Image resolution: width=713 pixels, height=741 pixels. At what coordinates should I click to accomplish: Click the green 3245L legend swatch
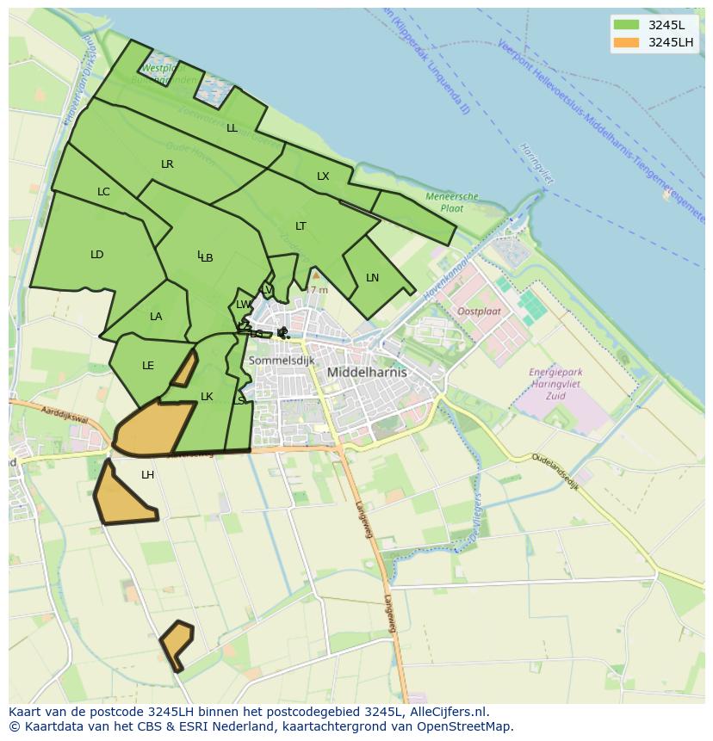626,25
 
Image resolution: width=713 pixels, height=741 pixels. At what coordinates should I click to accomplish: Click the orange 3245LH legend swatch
626,42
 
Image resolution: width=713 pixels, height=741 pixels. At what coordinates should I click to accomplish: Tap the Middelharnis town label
367,373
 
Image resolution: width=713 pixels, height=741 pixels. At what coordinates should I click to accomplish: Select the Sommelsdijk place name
282,361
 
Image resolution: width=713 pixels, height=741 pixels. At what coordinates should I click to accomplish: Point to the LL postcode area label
232,128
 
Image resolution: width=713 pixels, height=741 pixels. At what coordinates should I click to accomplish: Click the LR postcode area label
167,164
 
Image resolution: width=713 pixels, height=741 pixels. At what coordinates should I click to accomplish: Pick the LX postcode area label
323,176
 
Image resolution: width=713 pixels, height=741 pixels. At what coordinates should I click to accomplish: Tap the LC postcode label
103,192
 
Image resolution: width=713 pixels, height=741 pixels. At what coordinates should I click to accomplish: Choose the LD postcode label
96,255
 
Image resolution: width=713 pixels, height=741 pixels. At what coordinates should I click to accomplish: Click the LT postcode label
301,226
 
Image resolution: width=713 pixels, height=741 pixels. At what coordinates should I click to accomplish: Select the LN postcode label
372,278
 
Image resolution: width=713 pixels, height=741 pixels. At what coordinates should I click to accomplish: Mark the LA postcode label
156,317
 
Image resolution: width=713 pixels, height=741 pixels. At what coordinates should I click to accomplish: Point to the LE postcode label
148,366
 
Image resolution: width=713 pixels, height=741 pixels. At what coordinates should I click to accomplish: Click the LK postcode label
207,397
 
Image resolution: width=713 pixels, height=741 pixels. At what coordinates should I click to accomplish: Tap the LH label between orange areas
148,475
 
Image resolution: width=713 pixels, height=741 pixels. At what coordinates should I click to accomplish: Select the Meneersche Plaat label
452,202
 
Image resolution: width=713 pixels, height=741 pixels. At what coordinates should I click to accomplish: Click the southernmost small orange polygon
177,644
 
